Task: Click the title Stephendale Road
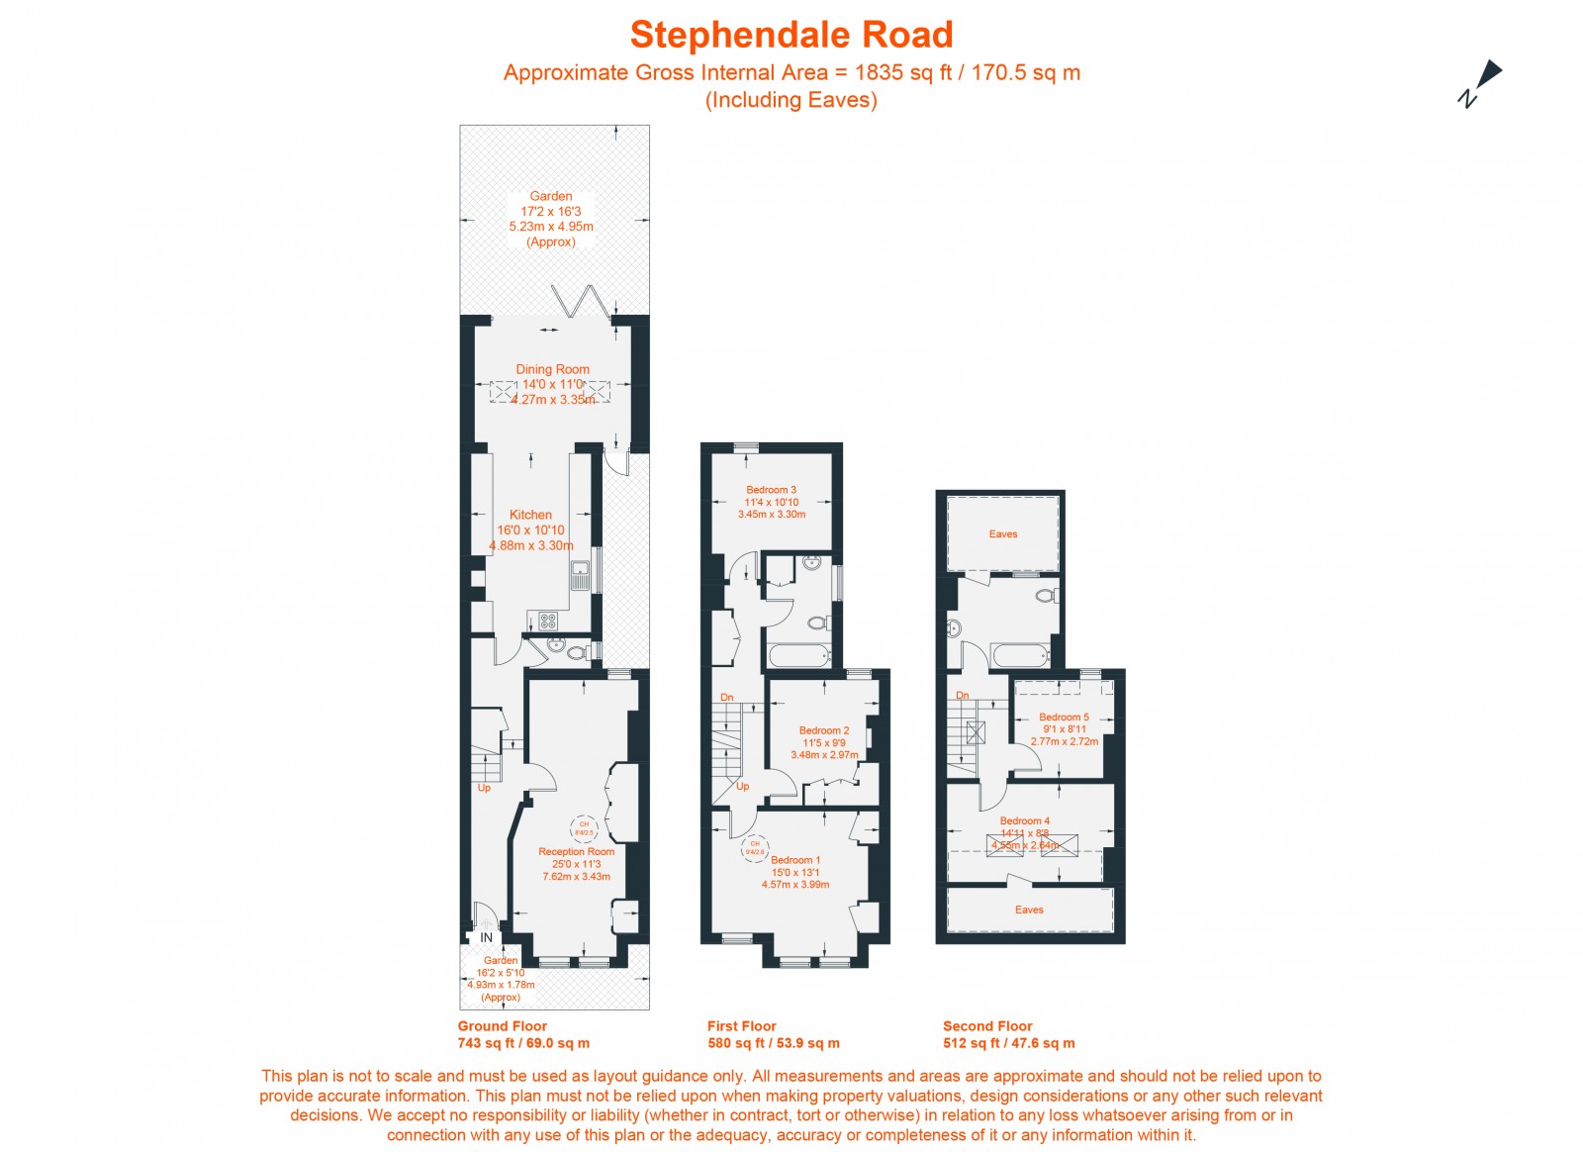pyautogui.click(x=791, y=35)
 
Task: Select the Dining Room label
pyautogui.click(x=552, y=369)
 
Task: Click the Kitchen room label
pyautogui.click(x=530, y=515)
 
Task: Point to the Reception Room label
pyautogui.click(x=576, y=851)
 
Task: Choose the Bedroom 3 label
pyautogui.click(x=771, y=490)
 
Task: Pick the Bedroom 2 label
pyautogui.click(x=824, y=730)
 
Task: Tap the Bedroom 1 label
pyautogui.click(x=795, y=860)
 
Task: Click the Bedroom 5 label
pyautogui.click(x=1064, y=717)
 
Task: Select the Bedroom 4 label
pyautogui.click(x=1024, y=820)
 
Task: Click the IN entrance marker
pyautogui.click(x=486, y=937)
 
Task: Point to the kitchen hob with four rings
pyautogui.click(x=548, y=622)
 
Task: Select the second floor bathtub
pyautogui.click(x=1019, y=655)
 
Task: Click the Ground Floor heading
pyautogui.click(x=502, y=1026)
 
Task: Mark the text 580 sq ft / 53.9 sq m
pyautogui.click(x=773, y=1043)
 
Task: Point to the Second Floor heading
pyautogui.click(x=986, y=1026)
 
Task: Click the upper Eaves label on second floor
pyautogui.click(x=1002, y=534)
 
